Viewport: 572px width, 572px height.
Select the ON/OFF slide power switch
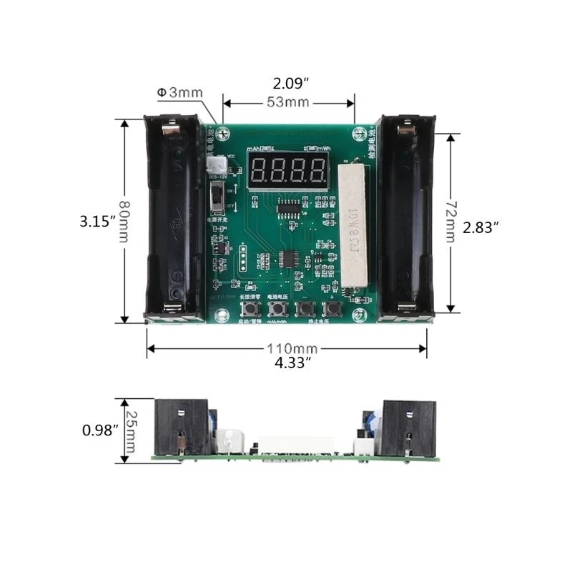tap(215, 197)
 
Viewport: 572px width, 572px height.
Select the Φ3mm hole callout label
tap(179, 92)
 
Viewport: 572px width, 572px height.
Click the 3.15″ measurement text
tap(97, 222)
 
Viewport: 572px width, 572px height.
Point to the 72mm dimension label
tap(450, 222)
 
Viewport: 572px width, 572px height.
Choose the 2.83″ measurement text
tap(480, 227)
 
